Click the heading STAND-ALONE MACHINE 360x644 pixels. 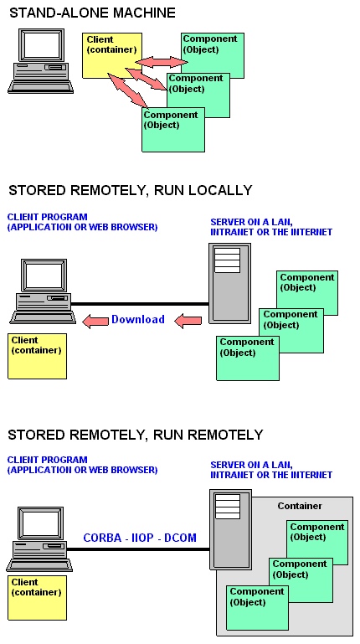(x=92, y=13)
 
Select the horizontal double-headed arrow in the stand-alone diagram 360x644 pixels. (x=162, y=62)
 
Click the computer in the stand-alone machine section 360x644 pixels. (x=41, y=61)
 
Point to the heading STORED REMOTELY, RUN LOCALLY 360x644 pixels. (x=130, y=191)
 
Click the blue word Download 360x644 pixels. (x=138, y=319)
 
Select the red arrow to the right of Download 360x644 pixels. (x=188, y=321)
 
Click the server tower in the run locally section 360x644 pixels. (x=229, y=283)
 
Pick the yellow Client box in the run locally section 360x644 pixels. (x=37, y=356)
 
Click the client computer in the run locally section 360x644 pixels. (x=43, y=291)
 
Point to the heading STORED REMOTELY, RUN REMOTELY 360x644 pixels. (x=135, y=435)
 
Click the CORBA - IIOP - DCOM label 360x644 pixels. (x=140, y=538)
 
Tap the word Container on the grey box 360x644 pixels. (x=300, y=506)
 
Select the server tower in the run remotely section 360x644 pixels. (x=230, y=529)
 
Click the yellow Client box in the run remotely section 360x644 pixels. (x=37, y=598)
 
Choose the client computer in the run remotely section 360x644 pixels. (x=39, y=538)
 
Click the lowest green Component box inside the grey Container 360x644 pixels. (x=257, y=608)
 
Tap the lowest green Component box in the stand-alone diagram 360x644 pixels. (x=173, y=130)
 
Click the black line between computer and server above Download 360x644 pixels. (x=140, y=304)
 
